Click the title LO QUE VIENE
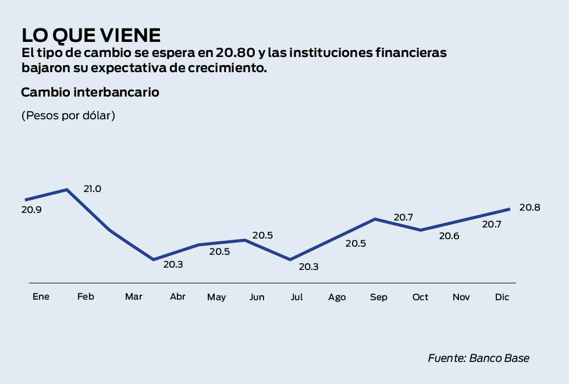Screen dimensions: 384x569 (91, 35)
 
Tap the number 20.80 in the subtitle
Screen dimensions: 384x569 (235, 53)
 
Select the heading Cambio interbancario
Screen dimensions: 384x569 (90, 92)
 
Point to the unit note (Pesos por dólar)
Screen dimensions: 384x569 (68, 115)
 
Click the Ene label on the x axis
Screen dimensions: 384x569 (41, 297)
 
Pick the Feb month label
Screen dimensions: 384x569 (86, 297)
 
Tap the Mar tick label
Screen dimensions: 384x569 (133, 297)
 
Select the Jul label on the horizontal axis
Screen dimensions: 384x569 (297, 297)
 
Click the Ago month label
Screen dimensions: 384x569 (337, 297)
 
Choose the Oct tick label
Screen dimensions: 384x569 (420, 297)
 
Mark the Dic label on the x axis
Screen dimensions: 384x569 (502, 297)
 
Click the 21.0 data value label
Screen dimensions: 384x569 (93, 189)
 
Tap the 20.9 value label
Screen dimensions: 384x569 (31, 209)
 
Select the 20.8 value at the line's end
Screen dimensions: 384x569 (530, 208)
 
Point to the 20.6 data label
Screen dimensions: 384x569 (449, 236)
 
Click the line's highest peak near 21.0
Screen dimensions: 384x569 (67, 190)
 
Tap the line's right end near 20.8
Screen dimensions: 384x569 (509, 209)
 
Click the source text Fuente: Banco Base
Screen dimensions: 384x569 (478, 358)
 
